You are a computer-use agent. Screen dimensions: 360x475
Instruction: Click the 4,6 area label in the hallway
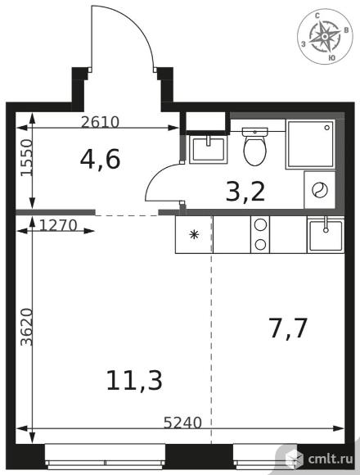[x=100, y=160]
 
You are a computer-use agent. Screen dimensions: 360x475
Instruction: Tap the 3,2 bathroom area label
[x=245, y=192]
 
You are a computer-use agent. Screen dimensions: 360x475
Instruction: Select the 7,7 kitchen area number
[x=288, y=328]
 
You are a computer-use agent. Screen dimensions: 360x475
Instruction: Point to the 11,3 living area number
[x=134, y=380]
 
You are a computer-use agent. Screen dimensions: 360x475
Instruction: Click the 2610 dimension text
[x=100, y=122]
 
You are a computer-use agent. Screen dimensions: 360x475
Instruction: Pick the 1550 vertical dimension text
[x=26, y=157]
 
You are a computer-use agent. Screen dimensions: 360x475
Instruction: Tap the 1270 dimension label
[x=58, y=225]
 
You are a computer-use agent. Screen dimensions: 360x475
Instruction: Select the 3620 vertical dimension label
[x=26, y=327]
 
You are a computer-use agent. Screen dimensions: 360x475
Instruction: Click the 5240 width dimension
[x=182, y=423]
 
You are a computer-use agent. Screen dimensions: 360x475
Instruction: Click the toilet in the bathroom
[x=255, y=147]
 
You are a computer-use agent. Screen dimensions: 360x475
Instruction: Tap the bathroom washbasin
[x=209, y=150]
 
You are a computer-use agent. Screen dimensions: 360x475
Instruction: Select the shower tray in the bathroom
[x=310, y=144]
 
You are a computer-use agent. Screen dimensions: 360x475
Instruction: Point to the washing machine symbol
[x=320, y=190]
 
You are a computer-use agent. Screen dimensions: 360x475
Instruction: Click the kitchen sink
[x=326, y=235]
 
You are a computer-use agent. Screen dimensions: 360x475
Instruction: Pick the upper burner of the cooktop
[x=260, y=225]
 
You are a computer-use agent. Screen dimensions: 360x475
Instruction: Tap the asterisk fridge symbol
[x=194, y=234]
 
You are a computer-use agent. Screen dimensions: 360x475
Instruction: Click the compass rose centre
[x=325, y=36]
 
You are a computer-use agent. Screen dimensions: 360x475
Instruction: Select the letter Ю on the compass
[x=331, y=58]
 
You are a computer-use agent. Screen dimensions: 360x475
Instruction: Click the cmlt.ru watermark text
[x=331, y=459]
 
